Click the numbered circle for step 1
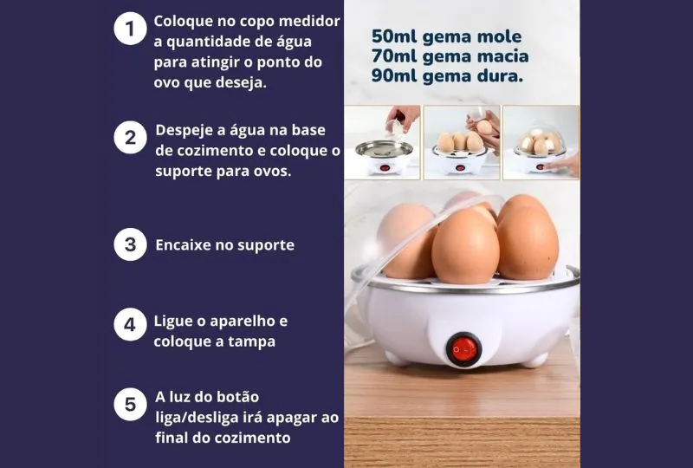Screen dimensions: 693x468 tap(130, 29)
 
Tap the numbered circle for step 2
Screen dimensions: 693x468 tap(130, 138)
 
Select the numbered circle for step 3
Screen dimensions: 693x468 tap(130, 244)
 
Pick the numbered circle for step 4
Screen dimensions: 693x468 tap(130, 325)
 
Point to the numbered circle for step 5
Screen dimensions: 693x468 tap(130, 405)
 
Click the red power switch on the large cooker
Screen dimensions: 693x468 tap(463, 349)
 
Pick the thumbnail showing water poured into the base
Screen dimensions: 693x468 tap(382, 142)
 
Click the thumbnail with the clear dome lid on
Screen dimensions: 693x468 tap(541, 142)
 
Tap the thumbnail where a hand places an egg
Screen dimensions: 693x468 tap(462, 142)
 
